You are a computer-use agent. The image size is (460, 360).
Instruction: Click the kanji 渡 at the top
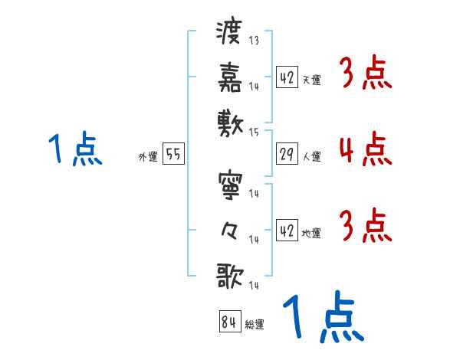(229, 33)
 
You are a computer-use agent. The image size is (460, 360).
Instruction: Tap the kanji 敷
(229, 122)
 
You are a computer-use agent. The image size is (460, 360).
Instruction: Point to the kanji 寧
(229, 185)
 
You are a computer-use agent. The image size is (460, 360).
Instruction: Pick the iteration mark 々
(229, 230)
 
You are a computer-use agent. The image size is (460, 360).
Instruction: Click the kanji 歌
(229, 275)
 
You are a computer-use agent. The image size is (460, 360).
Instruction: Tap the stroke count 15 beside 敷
(254, 132)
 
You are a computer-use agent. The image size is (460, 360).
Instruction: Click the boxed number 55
(172, 154)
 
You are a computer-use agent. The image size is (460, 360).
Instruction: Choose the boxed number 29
(286, 154)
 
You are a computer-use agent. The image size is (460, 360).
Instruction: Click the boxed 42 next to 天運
(286, 77)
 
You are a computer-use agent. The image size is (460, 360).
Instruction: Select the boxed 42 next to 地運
(286, 230)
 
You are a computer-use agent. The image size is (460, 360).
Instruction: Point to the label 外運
(147, 156)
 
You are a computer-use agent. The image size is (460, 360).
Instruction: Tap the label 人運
(311, 156)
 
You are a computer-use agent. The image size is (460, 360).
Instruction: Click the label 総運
(255, 324)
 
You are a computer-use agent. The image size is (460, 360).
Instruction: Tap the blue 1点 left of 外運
(74, 149)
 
